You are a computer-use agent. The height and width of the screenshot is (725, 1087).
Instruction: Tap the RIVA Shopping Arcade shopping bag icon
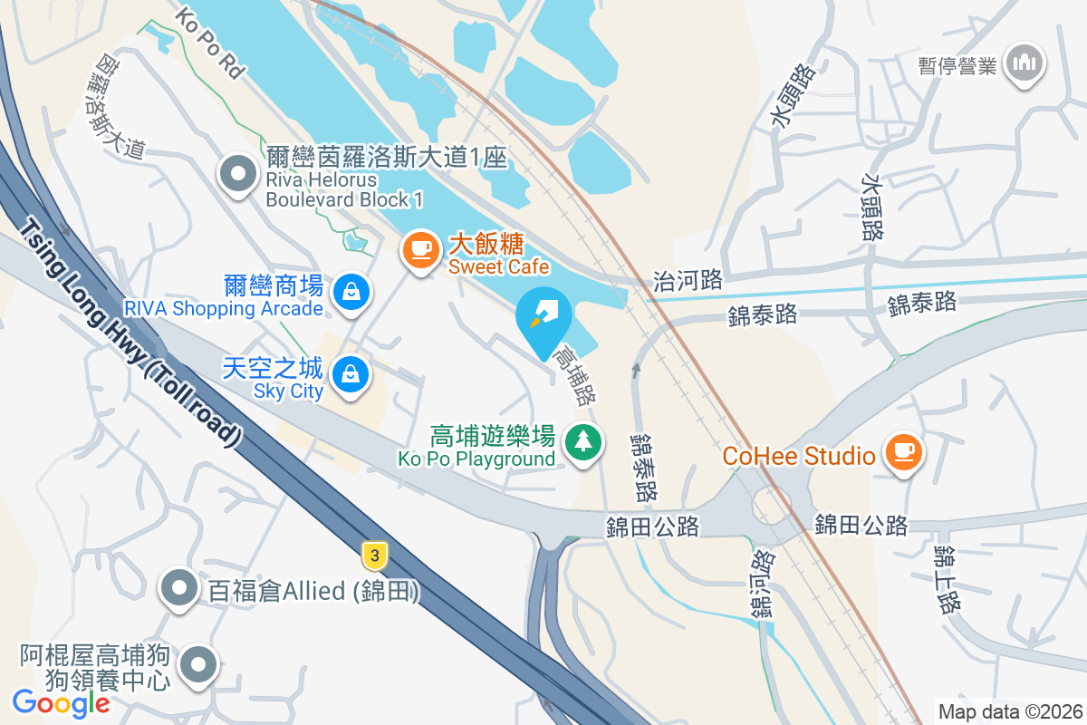click(x=350, y=293)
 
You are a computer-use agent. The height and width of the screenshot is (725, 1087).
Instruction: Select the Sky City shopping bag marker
click(x=350, y=376)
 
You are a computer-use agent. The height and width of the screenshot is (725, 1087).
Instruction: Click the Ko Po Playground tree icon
click(x=583, y=443)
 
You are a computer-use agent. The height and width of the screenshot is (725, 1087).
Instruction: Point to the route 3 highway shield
click(x=373, y=555)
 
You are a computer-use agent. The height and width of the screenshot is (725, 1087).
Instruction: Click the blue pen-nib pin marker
click(x=543, y=317)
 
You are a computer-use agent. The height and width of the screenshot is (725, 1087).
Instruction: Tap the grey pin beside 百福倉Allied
click(x=179, y=590)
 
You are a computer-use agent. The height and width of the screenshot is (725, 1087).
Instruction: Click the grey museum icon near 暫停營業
click(x=1025, y=63)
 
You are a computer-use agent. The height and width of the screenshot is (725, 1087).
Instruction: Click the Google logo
click(x=62, y=702)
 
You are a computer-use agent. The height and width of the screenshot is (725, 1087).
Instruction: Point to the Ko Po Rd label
click(x=210, y=43)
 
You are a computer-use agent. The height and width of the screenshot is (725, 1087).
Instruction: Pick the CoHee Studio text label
click(x=798, y=455)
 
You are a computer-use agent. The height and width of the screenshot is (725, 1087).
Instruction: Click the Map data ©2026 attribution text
click(x=1010, y=711)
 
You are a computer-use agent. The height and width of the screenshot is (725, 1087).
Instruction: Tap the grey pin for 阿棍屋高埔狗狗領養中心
click(x=198, y=667)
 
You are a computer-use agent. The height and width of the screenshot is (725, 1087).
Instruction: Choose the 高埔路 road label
click(x=576, y=374)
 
